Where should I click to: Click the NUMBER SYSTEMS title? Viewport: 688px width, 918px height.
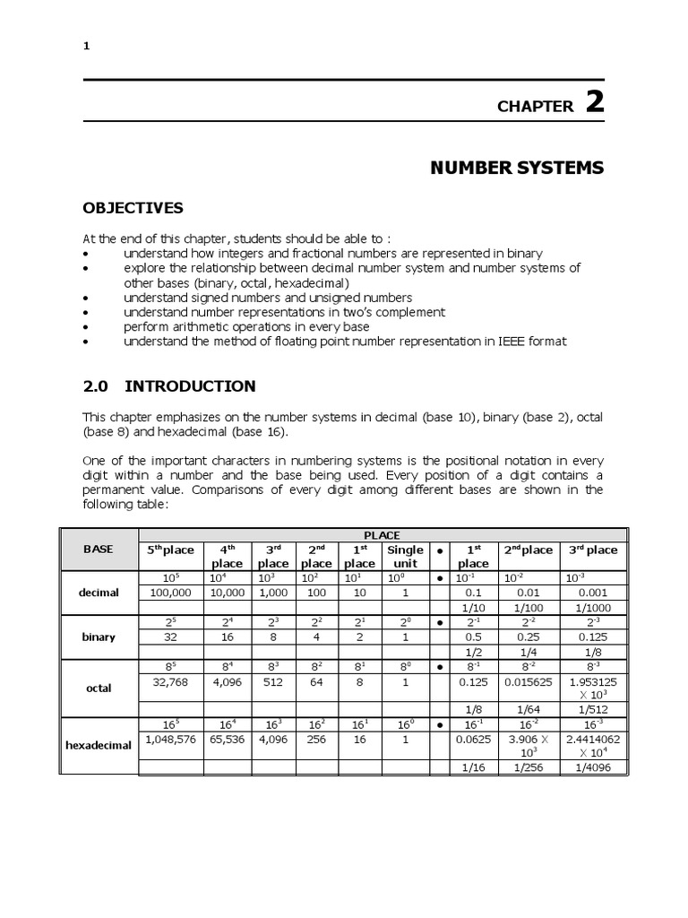[518, 168]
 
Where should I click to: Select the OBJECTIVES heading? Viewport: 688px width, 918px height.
[133, 208]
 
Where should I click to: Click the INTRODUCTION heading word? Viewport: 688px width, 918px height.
[190, 386]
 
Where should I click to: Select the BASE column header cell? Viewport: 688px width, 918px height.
[98, 549]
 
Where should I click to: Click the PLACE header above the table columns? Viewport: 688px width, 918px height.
[382, 535]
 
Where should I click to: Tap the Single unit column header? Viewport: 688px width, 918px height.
[405, 556]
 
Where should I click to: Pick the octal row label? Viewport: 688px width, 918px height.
[99, 688]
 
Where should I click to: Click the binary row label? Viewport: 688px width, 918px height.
[99, 637]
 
